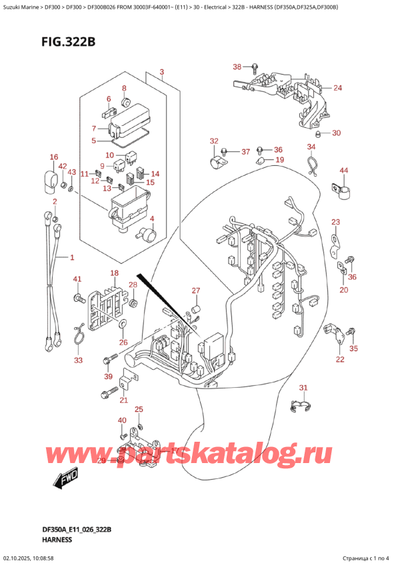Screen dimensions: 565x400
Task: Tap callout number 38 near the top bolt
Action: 236,67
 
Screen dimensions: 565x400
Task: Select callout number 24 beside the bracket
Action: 161,71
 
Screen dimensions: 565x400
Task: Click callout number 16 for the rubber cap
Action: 53,157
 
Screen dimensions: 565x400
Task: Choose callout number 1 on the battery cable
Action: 72,257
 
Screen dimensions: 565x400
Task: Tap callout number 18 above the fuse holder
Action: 114,274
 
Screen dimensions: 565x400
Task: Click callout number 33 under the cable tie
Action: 79,360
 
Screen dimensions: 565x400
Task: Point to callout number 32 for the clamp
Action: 213,141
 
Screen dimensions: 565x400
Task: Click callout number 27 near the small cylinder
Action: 195,290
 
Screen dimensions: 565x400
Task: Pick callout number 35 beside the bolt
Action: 353,348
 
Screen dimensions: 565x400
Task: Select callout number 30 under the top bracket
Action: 336,133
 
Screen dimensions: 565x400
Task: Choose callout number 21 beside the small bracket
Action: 123,400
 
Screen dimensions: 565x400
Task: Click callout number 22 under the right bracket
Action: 339,360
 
